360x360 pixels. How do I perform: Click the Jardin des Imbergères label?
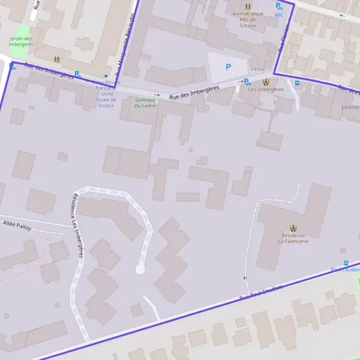pyautogui.click(x=22, y=41)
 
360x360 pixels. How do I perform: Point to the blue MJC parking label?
pyautogui.click(x=279, y=15)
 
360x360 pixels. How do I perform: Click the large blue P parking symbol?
pyautogui.click(x=228, y=67)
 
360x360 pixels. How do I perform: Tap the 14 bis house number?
pyautogui.click(x=257, y=69)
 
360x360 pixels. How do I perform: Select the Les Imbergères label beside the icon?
pyautogui.click(x=266, y=89)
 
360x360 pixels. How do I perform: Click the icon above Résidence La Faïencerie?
pyautogui.click(x=293, y=227)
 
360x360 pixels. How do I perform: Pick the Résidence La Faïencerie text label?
pyautogui.click(x=293, y=238)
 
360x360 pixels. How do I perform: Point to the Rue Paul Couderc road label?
pyautogui.click(x=260, y=292)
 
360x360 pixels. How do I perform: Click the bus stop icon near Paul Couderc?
pyautogui.click(x=346, y=263)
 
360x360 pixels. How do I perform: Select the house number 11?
pyautogui.click(x=347, y=25)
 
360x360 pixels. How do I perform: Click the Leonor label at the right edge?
pyautogui.click(x=350, y=107)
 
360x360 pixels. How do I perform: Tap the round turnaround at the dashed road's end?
pyautogui.click(x=140, y=269)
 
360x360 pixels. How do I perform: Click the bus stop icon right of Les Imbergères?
pyautogui.click(x=297, y=83)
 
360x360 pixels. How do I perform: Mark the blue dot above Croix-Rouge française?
pyautogui.click(x=106, y=76)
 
